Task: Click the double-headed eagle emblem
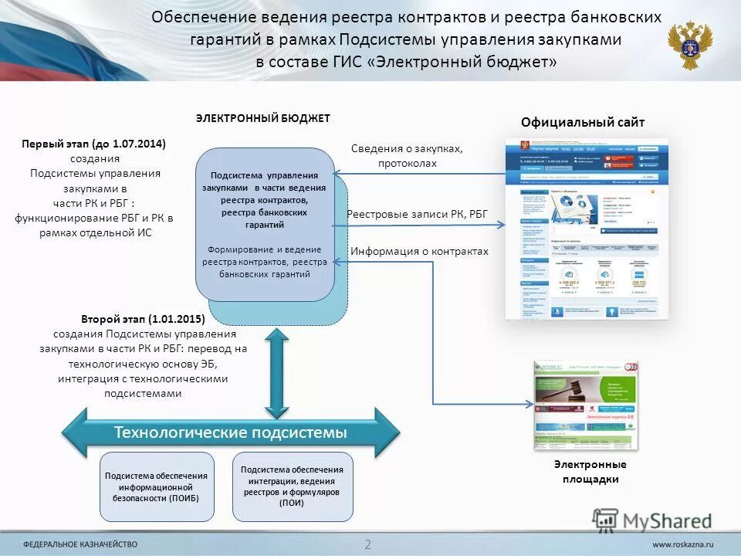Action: (x=690, y=45)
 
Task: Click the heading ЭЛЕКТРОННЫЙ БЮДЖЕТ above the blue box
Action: (x=262, y=118)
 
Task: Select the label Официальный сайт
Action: (x=582, y=122)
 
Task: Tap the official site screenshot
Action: (x=587, y=229)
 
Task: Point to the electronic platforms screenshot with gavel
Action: (x=586, y=405)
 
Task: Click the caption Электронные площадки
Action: (x=590, y=472)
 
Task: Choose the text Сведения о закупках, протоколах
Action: (x=407, y=155)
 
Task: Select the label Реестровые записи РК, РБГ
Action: (x=418, y=214)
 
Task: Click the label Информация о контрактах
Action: (x=420, y=251)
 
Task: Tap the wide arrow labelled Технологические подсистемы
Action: (x=231, y=432)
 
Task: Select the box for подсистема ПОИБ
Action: (x=157, y=486)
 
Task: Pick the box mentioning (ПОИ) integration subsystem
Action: (x=293, y=486)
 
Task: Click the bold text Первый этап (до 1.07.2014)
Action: (x=94, y=144)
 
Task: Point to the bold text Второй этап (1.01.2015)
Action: (x=143, y=319)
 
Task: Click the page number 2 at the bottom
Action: (x=368, y=544)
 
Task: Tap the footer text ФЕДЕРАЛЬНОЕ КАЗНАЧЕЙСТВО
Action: (x=80, y=544)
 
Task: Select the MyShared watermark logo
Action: (x=652, y=521)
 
